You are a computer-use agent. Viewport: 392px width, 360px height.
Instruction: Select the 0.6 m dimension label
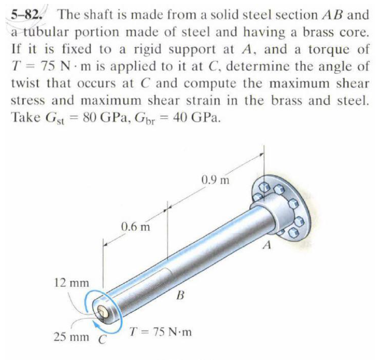pyautogui.click(x=135, y=227)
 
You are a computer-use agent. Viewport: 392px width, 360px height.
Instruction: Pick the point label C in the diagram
pyautogui.click(x=103, y=339)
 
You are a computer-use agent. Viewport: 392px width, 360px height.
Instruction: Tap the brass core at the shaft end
pyautogui.click(x=103, y=311)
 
